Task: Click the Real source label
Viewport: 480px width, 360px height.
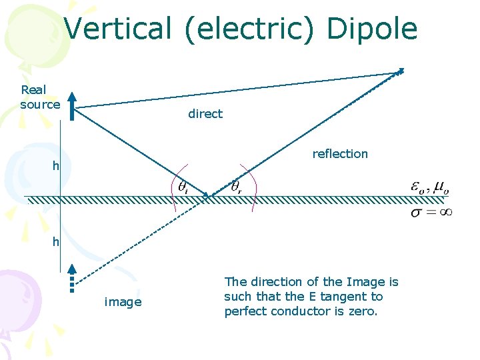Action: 40,97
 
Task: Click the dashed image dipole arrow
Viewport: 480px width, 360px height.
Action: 72,276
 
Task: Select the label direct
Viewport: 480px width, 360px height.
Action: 205,114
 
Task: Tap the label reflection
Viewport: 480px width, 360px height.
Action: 340,154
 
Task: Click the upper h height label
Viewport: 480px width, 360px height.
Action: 57,166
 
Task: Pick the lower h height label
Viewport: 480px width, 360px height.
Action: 57,242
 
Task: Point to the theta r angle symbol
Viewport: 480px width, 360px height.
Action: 236,187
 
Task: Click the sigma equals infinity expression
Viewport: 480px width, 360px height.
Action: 431,212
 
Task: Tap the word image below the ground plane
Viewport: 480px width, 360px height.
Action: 123,302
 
